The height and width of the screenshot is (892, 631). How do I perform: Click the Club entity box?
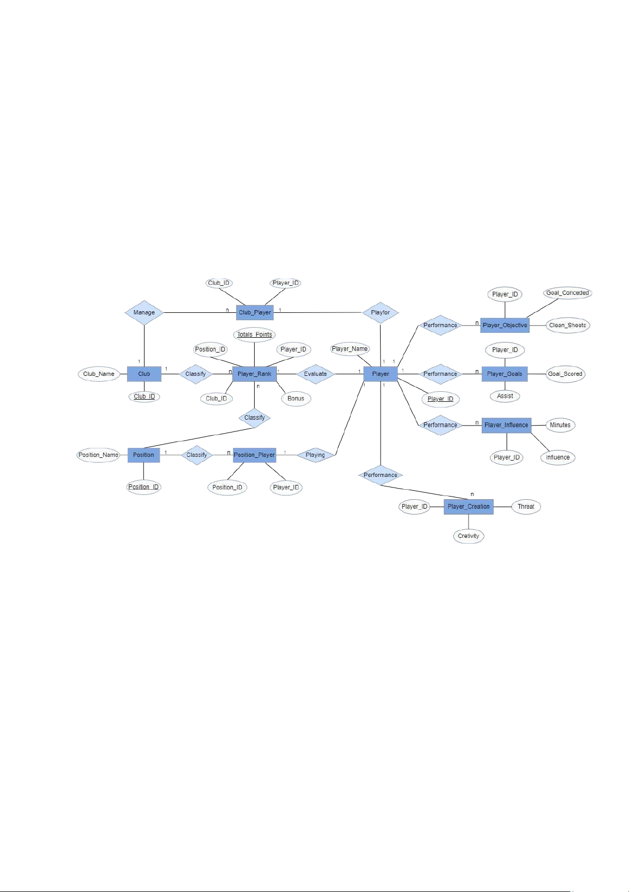(x=144, y=374)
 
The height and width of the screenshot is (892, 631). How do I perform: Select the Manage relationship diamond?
(x=144, y=313)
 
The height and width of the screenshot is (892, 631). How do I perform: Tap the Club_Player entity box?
(x=255, y=313)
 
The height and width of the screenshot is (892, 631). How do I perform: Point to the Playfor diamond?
(x=381, y=313)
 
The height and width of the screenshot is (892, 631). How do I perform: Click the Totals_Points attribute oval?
(x=255, y=335)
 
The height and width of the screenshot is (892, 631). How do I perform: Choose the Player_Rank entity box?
(x=255, y=374)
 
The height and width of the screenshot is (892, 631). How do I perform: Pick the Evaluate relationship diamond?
(x=315, y=374)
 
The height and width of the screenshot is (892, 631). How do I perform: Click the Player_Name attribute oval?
(x=350, y=349)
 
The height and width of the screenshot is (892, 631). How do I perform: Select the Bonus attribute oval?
(x=296, y=399)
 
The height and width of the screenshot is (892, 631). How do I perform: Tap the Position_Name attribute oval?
(x=98, y=455)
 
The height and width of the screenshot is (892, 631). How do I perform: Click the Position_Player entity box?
(x=255, y=455)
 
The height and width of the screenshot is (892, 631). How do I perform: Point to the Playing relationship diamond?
(x=315, y=455)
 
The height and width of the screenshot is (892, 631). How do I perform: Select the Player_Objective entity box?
(x=505, y=326)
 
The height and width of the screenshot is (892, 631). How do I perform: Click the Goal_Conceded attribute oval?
(x=567, y=293)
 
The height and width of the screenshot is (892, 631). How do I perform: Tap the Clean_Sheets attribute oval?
(x=567, y=326)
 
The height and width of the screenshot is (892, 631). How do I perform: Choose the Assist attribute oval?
(x=505, y=396)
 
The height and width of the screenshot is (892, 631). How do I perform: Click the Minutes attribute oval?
(x=560, y=425)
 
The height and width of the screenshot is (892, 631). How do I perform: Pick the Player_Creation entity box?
(x=468, y=507)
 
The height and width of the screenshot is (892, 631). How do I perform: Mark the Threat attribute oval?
(x=526, y=507)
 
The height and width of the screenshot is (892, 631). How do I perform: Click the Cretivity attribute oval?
(x=468, y=536)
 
